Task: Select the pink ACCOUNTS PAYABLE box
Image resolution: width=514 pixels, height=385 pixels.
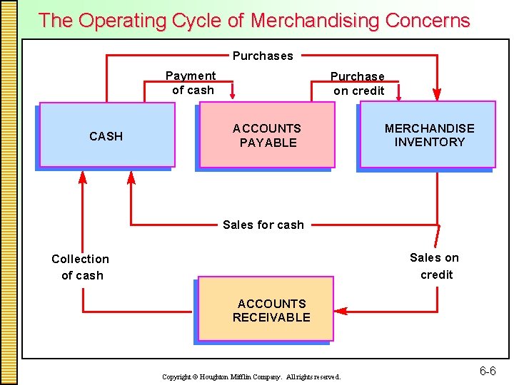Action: point(267,135)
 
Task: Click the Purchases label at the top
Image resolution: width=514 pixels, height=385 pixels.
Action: point(263,56)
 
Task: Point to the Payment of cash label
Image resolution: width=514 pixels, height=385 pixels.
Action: point(191,83)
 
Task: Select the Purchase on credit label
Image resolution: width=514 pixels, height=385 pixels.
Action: point(358,83)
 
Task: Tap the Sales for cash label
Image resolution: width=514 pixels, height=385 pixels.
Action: point(263,225)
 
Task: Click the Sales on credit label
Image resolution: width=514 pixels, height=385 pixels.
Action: point(435,266)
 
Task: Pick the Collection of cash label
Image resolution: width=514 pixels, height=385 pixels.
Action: point(81,267)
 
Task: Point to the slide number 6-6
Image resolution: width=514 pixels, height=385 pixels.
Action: point(488,371)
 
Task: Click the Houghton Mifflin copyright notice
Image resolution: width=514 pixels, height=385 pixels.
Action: point(251,376)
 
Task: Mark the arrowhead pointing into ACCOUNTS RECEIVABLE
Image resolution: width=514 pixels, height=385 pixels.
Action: point(341,312)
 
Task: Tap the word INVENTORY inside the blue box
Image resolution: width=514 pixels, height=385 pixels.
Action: point(430,142)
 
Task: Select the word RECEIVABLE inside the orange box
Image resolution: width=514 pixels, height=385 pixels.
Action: point(271,317)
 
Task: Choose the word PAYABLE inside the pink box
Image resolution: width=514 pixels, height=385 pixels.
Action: point(268,143)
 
